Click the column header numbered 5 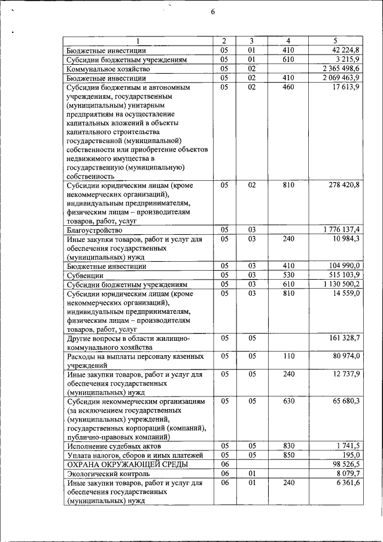[x=335, y=41]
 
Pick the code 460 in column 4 [x=288, y=87]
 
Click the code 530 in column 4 [x=288, y=275]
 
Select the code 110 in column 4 [x=288, y=356]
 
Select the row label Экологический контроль [x=108, y=473]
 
